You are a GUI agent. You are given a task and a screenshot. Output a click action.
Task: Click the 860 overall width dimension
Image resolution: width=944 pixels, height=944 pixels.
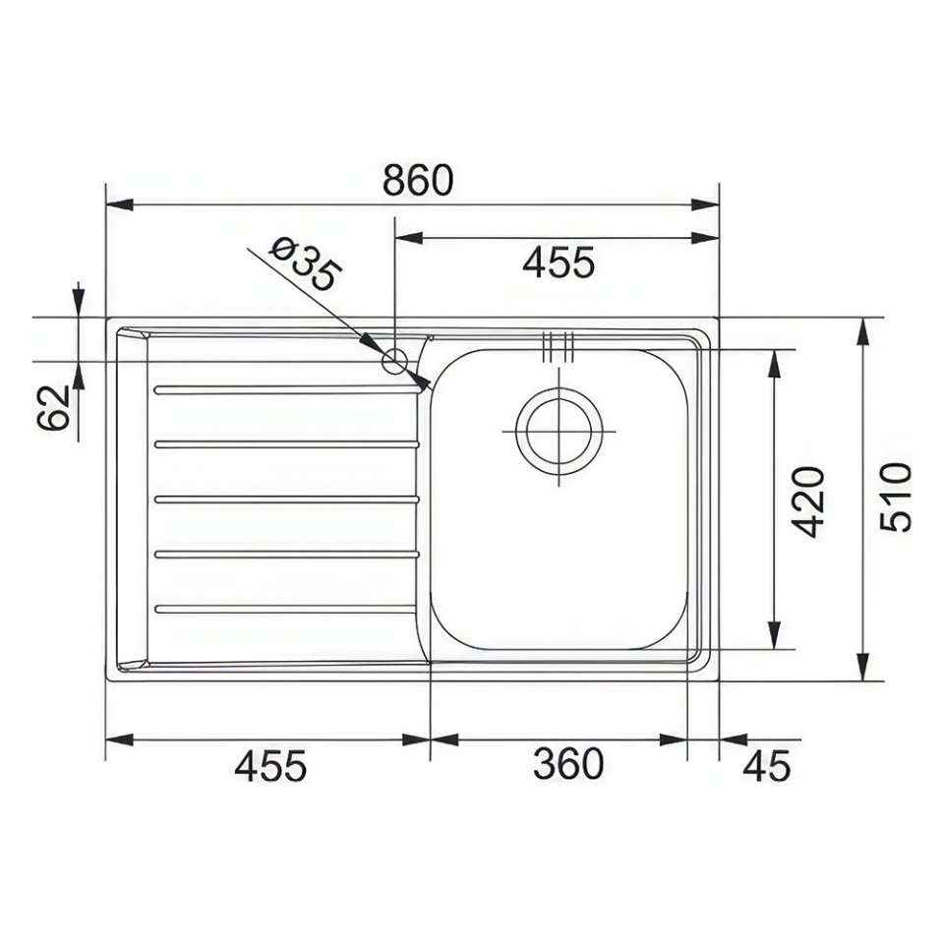coord(417,179)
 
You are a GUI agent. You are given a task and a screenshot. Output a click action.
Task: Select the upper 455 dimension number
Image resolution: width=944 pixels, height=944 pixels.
coord(559,263)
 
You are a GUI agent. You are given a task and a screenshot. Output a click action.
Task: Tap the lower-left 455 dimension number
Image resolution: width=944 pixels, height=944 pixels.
coord(270,765)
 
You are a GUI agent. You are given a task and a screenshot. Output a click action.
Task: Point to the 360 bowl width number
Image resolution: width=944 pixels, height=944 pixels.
coord(567,763)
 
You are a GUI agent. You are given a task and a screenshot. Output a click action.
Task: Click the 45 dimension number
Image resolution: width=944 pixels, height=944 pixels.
coord(766,766)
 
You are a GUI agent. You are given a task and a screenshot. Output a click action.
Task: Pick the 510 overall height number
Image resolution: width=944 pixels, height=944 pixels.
coord(896,498)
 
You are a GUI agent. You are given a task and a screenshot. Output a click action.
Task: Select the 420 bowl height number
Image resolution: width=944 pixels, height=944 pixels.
coord(807,501)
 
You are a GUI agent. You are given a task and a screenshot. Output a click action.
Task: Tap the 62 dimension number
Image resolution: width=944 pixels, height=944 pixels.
coord(53,407)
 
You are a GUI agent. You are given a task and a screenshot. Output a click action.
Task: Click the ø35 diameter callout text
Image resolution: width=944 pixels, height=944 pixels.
coord(305,264)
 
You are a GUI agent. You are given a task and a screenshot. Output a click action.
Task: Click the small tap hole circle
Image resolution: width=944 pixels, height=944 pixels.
coord(395,362)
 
